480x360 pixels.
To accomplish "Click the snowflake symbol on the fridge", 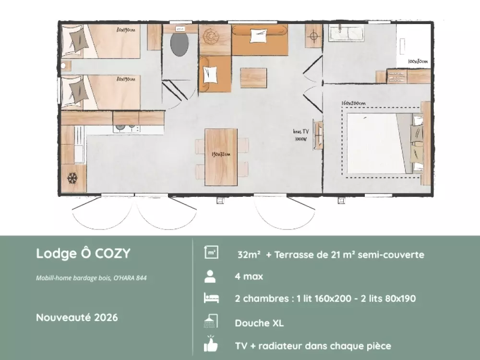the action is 72,178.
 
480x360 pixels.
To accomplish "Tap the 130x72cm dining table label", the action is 221,154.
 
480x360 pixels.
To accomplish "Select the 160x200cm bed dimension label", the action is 353,103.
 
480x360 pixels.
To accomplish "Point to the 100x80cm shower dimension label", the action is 418,61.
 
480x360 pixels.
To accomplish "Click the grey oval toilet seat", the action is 180,44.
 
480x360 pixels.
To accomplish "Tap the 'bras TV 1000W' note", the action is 301,135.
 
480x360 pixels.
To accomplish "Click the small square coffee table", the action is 253,78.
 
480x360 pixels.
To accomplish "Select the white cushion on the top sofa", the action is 259,36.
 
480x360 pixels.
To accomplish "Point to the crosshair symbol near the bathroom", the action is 313,36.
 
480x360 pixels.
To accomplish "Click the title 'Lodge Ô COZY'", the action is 83,253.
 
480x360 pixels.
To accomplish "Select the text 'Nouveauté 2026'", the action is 77,317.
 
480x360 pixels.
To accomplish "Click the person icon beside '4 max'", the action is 210,276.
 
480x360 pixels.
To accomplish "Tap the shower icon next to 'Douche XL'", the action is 211,321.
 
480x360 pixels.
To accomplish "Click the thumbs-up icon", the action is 211,344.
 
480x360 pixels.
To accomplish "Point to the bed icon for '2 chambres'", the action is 211,298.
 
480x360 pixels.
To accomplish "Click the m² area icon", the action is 211,252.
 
